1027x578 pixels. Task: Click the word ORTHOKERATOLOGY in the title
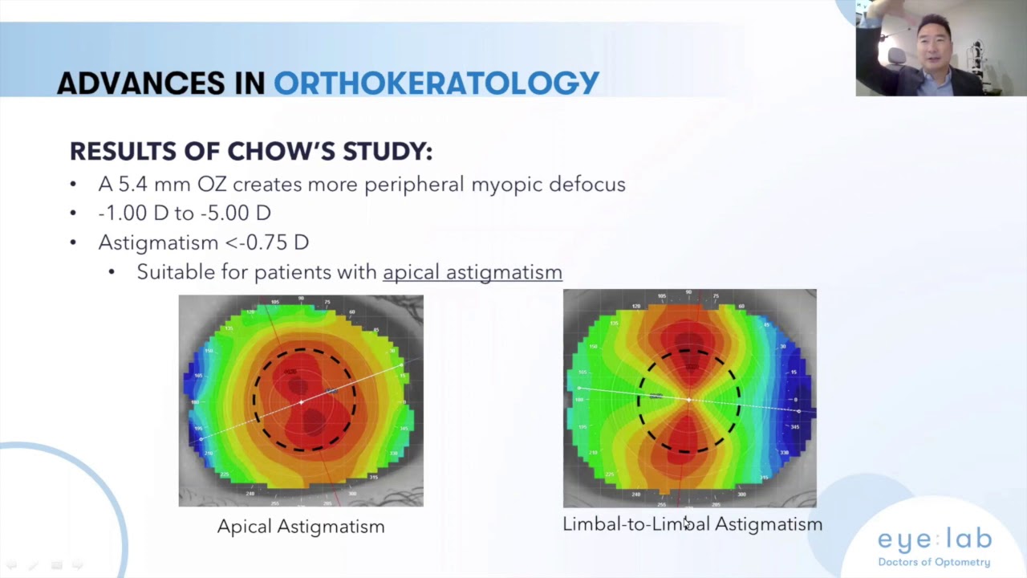click(x=436, y=83)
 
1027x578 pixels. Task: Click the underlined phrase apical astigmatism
click(x=472, y=272)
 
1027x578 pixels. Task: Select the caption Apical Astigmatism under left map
click(x=301, y=527)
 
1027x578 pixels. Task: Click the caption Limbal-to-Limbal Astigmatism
click(x=692, y=524)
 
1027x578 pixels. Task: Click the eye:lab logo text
click(x=934, y=539)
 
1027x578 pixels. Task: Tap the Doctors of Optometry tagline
click(x=934, y=562)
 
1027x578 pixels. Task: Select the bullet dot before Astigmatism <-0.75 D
click(x=74, y=242)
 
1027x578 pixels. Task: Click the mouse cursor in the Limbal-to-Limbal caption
click(x=686, y=523)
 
